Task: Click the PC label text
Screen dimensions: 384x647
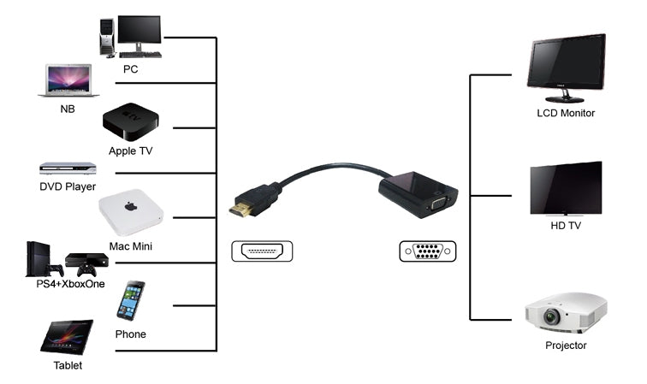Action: (x=130, y=69)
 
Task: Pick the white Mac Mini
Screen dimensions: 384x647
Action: (x=129, y=211)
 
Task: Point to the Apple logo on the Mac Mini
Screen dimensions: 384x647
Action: (x=131, y=207)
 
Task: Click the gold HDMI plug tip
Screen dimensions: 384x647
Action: (x=243, y=207)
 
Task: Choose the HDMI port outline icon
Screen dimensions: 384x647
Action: (x=262, y=251)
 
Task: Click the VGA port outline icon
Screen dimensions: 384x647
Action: (x=428, y=251)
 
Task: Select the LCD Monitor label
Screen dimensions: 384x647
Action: (x=566, y=113)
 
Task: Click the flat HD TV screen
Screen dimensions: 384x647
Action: (x=566, y=187)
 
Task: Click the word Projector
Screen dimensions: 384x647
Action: (x=566, y=346)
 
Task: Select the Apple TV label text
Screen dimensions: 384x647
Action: (x=130, y=151)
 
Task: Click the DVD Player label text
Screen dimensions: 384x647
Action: (x=68, y=186)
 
